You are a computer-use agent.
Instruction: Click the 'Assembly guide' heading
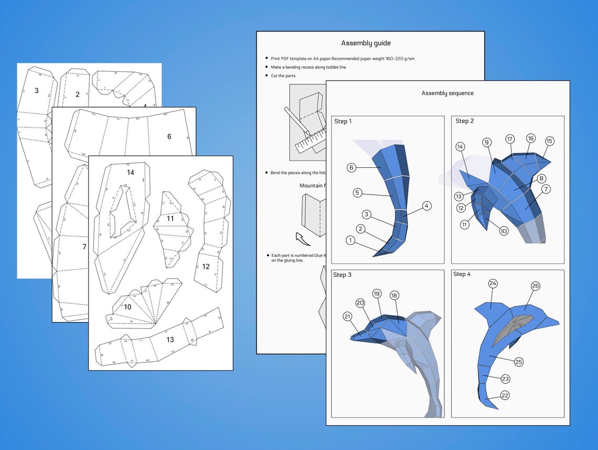[366, 43]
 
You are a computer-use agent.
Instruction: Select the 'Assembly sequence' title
[447, 93]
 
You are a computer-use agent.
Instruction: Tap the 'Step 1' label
[343, 121]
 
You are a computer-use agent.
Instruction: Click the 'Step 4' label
[462, 274]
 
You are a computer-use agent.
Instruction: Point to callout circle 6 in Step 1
[351, 167]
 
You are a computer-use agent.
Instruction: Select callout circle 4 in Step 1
[426, 206]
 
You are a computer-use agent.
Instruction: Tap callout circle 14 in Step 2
[460, 147]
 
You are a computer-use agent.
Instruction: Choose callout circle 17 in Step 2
[510, 139]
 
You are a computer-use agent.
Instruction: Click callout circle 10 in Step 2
[504, 231]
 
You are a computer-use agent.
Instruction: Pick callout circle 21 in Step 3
[347, 316]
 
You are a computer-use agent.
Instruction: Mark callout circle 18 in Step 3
[394, 295]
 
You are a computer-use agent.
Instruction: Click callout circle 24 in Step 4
[493, 284]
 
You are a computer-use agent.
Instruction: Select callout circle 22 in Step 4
[505, 395]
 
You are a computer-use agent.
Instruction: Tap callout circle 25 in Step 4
[519, 362]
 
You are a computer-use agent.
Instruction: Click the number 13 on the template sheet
[170, 340]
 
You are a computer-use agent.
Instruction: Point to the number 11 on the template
[170, 218]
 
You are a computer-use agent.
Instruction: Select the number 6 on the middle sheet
[169, 136]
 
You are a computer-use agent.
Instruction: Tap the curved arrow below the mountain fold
[303, 239]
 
